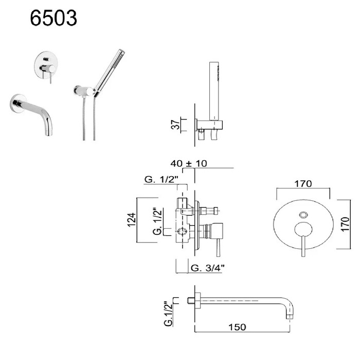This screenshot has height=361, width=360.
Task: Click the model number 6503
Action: [53, 18]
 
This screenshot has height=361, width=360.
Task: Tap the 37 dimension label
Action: [176, 124]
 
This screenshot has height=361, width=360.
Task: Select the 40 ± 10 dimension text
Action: [189, 163]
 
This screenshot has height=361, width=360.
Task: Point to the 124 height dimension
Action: [132, 220]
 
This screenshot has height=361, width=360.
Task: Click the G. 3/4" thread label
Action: [208, 268]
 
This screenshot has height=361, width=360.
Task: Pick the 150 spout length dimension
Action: [237, 327]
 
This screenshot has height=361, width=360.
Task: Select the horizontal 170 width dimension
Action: [303, 184]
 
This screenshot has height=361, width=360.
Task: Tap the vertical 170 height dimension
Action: [345, 224]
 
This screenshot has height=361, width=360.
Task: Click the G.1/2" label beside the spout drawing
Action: [169, 313]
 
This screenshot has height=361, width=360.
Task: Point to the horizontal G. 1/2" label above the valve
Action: [161, 179]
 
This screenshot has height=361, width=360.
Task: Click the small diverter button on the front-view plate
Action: [303, 215]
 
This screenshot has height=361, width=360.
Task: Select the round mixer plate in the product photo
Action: [46, 65]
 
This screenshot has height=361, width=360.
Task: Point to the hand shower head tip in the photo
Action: [121, 51]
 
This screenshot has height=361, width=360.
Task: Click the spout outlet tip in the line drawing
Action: [290, 317]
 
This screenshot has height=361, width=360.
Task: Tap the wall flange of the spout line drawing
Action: [197, 301]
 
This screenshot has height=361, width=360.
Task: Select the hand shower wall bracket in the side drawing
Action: [209, 125]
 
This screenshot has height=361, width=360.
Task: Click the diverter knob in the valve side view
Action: [209, 211]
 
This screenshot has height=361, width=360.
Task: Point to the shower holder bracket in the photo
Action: [84, 91]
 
